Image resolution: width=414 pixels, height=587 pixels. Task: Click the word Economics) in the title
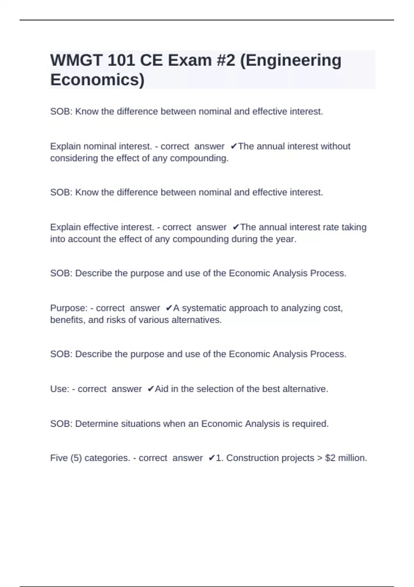(97, 80)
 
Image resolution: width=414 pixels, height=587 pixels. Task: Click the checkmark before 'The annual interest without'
(234, 146)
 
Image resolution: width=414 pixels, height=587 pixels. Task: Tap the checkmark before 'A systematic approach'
(169, 308)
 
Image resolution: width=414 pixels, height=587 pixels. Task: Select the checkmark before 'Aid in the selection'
(150, 389)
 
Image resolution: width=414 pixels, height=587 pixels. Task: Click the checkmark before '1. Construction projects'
(211, 458)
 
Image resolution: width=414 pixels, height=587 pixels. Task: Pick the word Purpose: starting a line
(69, 308)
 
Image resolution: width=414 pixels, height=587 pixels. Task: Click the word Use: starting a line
(60, 389)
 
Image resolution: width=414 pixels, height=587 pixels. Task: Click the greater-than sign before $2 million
(319, 458)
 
